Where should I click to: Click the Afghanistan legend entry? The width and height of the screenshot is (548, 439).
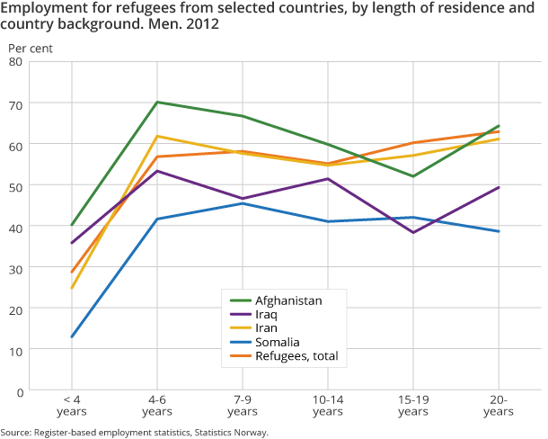[x=288, y=300]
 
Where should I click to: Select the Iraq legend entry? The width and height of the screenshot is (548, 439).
[x=270, y=315]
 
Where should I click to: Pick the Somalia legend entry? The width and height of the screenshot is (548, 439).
[x=278, y=343]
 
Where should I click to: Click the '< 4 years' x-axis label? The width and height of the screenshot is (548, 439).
[x=72, y=405]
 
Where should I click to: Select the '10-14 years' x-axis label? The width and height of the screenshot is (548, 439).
[x=328, y=405]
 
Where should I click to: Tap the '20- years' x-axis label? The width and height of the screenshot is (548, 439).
[x=499, y=405]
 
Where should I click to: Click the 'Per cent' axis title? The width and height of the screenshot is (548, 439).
[x=25, y=45]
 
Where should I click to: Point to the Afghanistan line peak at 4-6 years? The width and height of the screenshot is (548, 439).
[x=157, y=102]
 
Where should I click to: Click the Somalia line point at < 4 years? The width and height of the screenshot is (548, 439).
[x=72, y=337]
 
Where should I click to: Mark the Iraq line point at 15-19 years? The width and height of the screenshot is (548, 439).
[x=413, y=233]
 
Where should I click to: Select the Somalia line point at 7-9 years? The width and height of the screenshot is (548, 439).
[x=243, y=203]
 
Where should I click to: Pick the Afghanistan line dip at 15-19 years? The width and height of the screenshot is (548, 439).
[x=413, y=176]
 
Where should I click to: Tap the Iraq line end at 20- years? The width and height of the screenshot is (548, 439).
[x=499, y=187]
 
